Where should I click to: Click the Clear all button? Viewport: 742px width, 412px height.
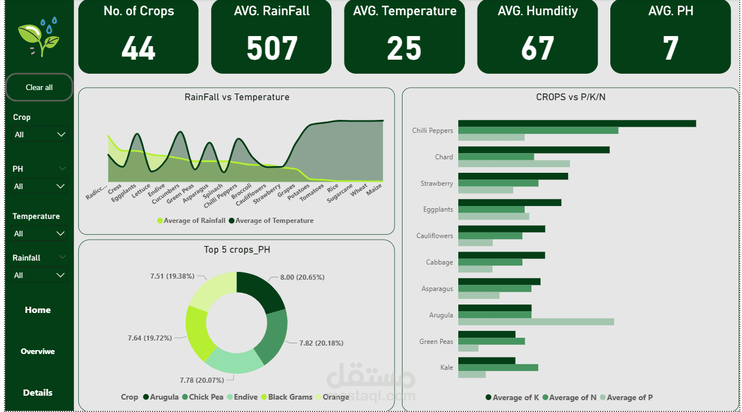tap(39, 87)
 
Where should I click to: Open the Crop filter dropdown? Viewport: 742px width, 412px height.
tap(40, 135)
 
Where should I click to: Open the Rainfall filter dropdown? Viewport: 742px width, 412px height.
tap(40, 275)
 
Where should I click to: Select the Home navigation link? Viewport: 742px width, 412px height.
tap(38, 310)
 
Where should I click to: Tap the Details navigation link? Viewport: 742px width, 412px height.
tap(38, 393)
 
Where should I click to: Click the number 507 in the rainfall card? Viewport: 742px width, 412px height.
tap(272, 48)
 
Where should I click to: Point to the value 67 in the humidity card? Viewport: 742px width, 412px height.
tap(537, 48)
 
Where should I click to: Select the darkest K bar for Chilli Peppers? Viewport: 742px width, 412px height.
tap(576, 123)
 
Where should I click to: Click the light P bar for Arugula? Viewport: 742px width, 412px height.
tap(535, 322)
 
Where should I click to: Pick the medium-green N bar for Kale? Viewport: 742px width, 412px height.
tap(498, 368)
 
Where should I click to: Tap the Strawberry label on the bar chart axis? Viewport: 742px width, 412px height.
tap(436, 183)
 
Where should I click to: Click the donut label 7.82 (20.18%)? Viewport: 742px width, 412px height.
tap(321, 343)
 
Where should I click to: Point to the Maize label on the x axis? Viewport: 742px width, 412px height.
tap(373, 191)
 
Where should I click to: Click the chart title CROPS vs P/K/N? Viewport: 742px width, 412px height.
tap(570, 97)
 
